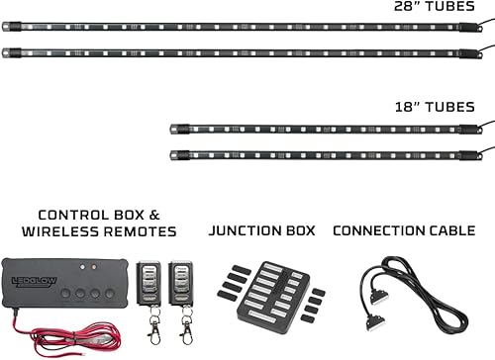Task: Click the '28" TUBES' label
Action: click(x=436, y=6)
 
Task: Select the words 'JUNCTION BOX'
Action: click(x=261, y=230)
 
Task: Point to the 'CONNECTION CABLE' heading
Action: click(x=404, y=230)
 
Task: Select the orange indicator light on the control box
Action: click(x=92, y=266)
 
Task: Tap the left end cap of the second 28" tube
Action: click(x=8, y=53)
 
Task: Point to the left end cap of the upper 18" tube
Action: click(x=175, y=129)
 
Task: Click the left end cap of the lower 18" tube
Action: click(x=175, y=154)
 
